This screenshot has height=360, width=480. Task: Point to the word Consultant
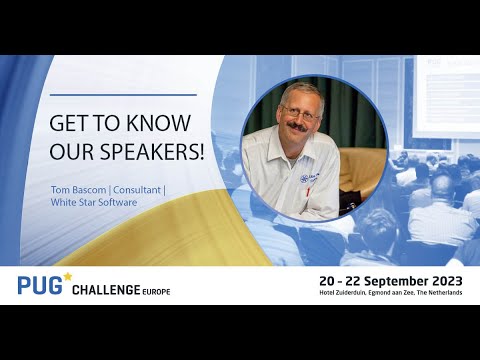[x=133, y=187]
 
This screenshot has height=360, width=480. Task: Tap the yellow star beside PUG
[x=67, y=275]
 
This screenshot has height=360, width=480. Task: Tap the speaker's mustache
[x=299, y=130]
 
